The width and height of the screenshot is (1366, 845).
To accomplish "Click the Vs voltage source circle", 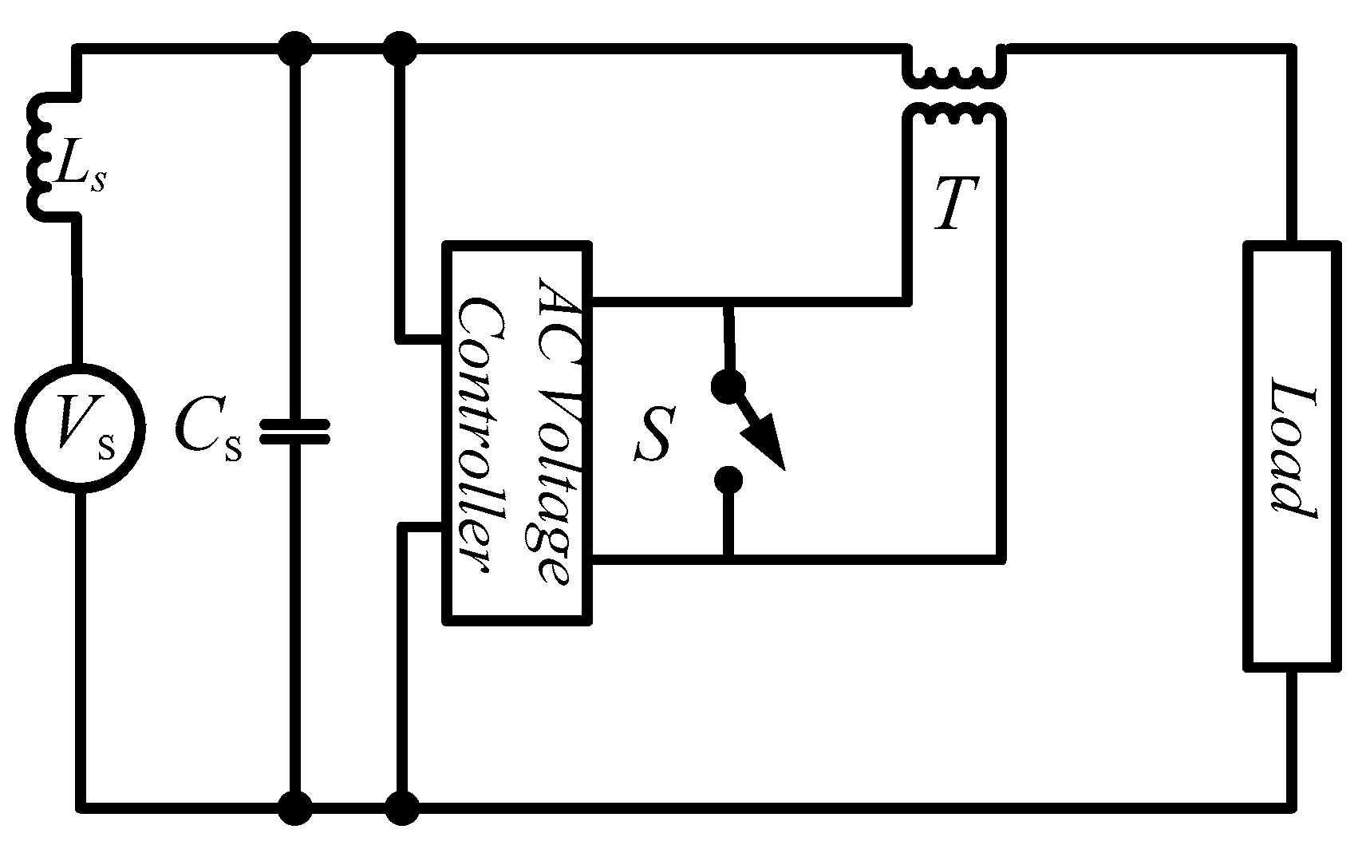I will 80,428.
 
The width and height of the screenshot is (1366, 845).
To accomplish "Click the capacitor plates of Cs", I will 294,432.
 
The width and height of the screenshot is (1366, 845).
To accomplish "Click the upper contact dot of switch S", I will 728,387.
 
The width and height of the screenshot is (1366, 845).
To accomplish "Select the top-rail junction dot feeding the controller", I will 399,49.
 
